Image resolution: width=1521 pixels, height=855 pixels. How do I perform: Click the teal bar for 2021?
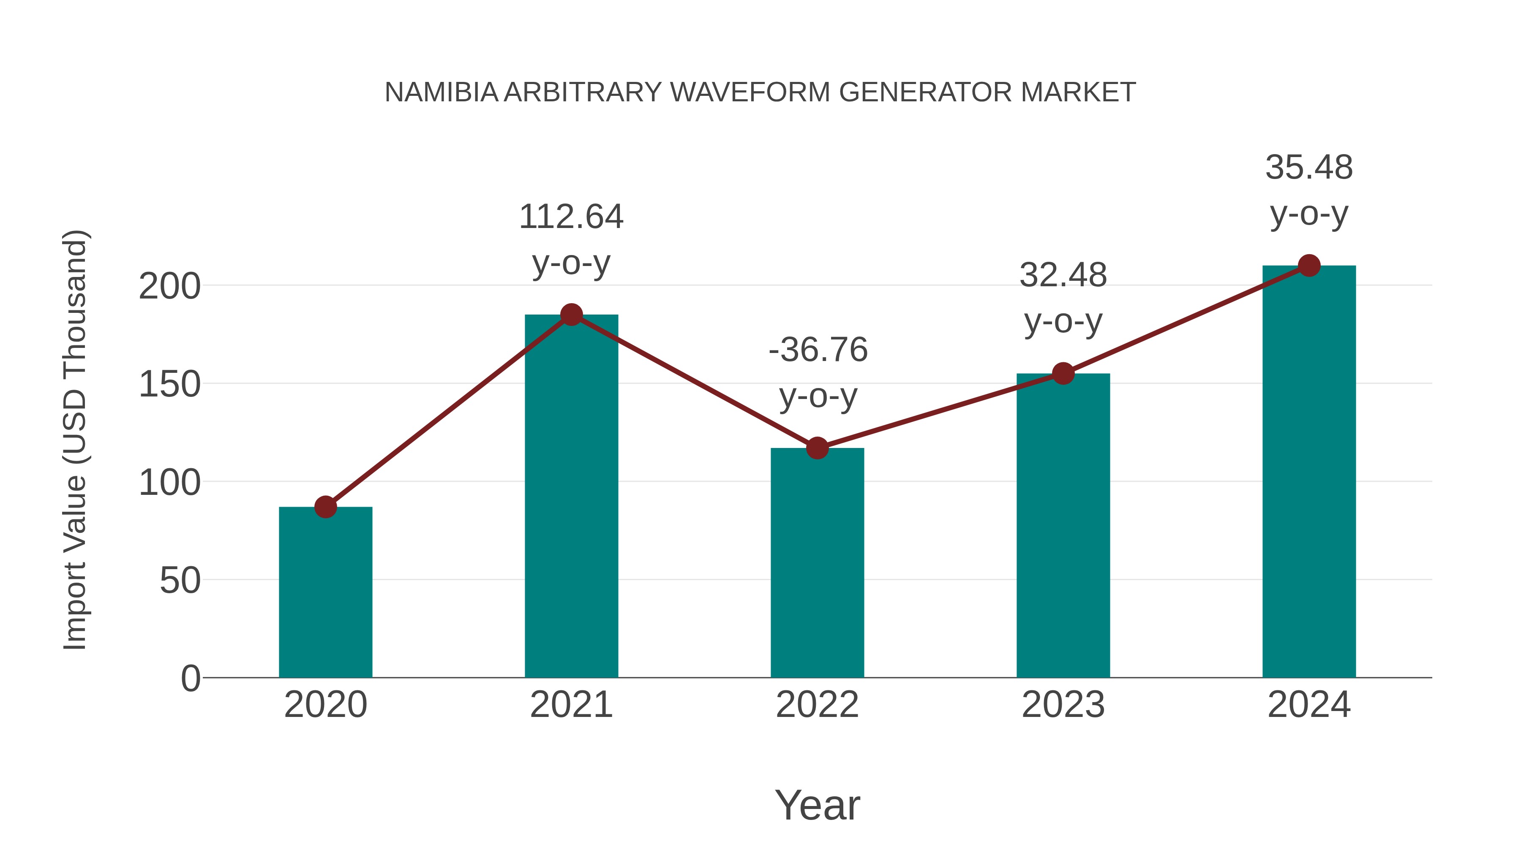571,496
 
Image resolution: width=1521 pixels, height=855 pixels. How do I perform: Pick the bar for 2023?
1063,525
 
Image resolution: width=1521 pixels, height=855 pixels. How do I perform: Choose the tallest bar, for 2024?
1309,472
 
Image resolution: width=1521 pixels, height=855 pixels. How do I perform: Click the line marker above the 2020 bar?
325,507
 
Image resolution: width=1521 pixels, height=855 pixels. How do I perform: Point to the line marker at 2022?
817,448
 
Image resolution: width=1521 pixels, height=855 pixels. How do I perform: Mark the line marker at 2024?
1309,266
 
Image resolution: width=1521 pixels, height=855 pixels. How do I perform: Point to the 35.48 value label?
1309,168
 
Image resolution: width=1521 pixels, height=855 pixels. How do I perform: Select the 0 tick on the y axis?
191,679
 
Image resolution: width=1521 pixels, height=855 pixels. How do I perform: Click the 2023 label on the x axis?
1063,705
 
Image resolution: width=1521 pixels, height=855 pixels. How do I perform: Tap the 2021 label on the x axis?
571,705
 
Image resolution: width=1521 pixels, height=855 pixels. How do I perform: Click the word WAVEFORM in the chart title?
750,92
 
